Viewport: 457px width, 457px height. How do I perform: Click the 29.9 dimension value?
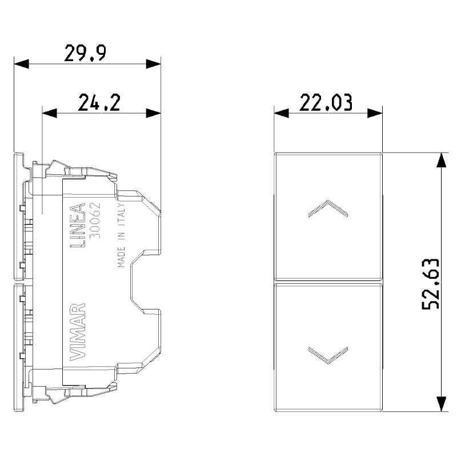(x=85, y=53)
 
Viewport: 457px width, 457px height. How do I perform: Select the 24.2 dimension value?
(x=99, y=102)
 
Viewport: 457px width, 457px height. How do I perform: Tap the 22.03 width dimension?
(x=326, y=102)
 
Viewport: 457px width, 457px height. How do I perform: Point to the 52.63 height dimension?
(x=431, y=283)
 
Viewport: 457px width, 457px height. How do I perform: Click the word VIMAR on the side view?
(x=78, y=332)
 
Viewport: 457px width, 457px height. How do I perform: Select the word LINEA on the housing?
(x=78, y=225)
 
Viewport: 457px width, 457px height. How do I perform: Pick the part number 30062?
(x=95, y=221)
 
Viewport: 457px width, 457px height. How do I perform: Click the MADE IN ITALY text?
(x=121, y=235)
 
